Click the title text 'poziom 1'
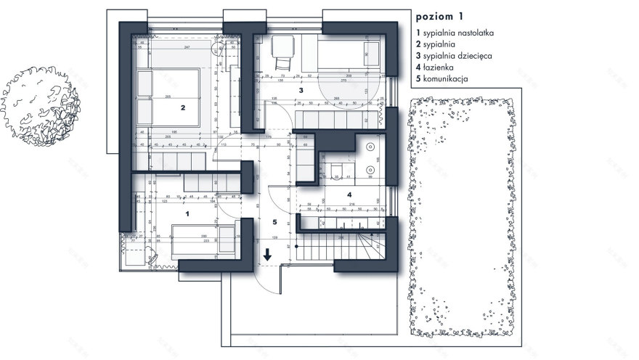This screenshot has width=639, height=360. coord(439,15)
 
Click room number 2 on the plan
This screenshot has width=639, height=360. coord(184,107)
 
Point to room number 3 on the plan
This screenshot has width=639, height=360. coord(300,90)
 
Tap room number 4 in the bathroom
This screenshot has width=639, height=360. coord(349,195)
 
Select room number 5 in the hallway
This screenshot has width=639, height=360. coord(274,222)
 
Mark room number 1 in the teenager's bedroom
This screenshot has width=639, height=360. coord(187,214)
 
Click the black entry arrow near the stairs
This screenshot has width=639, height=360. coord(268,254)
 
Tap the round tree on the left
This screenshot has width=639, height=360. coord(40,108)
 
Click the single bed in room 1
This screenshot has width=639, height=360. coord(203,240)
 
